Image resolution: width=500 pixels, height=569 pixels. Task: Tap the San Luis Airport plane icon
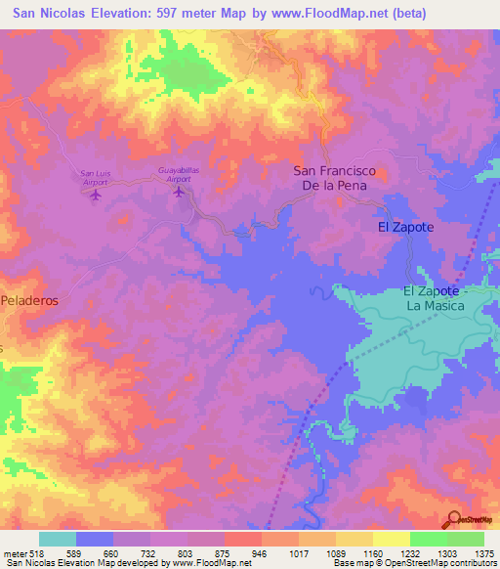95,195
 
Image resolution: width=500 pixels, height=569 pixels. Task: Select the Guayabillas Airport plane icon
179,191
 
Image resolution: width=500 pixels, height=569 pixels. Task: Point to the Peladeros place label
29,301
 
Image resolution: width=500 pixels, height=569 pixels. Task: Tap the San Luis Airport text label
95,178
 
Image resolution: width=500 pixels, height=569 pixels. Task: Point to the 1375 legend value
485,552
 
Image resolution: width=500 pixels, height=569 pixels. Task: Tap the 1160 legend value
373,552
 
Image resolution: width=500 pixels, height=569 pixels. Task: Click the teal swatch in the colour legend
58,539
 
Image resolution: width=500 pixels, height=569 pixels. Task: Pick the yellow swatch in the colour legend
391,539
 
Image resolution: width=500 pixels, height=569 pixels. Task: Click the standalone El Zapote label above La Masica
404,227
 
